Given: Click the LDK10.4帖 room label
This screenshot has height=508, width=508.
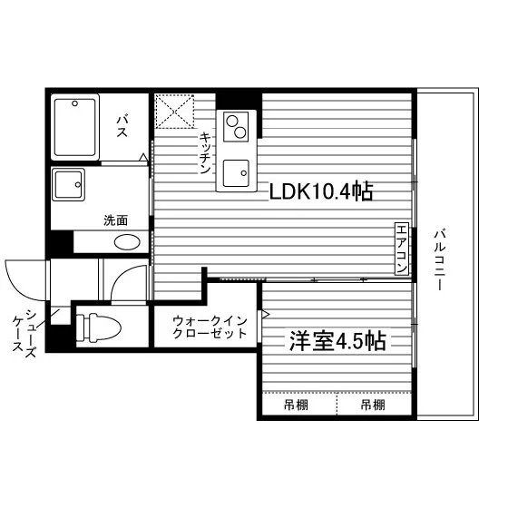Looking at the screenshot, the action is [321, 191].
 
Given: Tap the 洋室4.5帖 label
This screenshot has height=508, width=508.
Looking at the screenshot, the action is [337, 340].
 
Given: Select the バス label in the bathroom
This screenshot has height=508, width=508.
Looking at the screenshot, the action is [122, 126].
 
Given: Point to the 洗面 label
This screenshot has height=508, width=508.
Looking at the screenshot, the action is [116, 220].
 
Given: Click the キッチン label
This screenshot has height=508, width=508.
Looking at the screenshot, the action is [205, 153].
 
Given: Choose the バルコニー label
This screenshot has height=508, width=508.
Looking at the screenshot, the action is [440, 259].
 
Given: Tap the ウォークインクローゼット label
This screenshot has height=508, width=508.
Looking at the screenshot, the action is [210, 327].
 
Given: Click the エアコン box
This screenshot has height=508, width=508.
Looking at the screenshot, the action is [402, 249].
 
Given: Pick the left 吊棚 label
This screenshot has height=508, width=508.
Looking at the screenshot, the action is [296, 405].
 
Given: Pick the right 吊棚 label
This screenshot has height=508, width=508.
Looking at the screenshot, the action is [373, 405].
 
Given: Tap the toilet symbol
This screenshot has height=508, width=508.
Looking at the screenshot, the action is [99, 327].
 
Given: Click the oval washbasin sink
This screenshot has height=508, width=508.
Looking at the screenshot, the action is [127, 242].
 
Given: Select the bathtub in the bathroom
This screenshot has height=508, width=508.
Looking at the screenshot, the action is [75, 127].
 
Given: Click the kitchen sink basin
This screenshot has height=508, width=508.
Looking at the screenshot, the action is [236, 173].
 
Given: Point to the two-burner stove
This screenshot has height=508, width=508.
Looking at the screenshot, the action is [236, 127].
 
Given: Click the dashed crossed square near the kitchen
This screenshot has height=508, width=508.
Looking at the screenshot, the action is [174, 112].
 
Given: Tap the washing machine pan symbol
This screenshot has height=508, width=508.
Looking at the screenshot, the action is [68, 185].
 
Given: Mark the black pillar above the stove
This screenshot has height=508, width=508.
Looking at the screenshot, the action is [239, 102].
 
